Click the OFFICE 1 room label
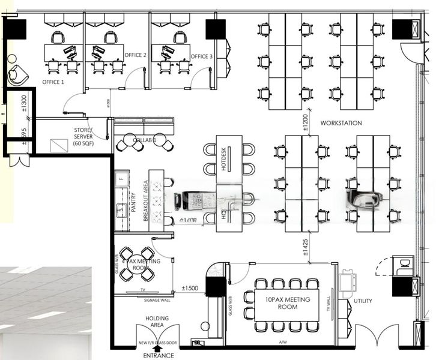coord(53,82)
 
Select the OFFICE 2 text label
coord(136,55)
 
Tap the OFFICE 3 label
coord(202,56)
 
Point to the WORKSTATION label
coord(341,123)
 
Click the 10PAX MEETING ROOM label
coord(279,303)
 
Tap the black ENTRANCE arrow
coord(157,346)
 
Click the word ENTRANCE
coord(157,355)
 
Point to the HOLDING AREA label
coord(157,322)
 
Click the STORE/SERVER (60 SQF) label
coord(83,137)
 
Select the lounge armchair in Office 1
coord(17,74)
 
